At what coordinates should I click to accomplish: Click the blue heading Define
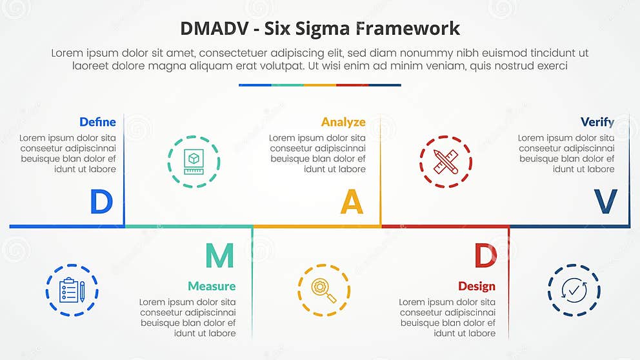[97, 122]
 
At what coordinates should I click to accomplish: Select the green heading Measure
[212, 286]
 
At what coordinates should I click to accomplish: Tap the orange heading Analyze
[343, 122]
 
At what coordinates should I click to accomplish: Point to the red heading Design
[477, 286]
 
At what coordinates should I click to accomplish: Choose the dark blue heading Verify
[597, 122]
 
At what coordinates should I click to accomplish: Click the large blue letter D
[101, 202]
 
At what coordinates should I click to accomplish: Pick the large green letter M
[219, 256]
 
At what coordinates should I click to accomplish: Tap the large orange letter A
[352, 202]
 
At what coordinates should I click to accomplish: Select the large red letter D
[485, 256]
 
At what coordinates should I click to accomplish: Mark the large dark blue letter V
[605, 202]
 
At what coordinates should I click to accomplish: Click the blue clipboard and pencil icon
[72, 290]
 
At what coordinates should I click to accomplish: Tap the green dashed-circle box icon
[194, 161]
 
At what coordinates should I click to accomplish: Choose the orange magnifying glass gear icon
[324, 290]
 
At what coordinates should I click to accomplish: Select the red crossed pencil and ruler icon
[445, 161]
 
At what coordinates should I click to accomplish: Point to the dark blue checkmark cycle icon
[574, 290]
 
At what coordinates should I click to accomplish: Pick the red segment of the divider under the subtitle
[352, 85]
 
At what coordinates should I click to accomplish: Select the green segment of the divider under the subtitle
[287, 85]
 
